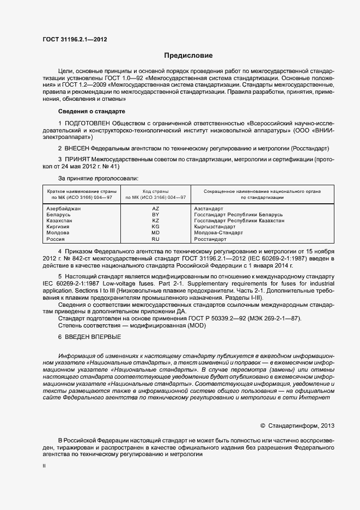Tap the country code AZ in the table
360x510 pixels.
tap(155, 209)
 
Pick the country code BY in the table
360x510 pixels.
tap(155, 215)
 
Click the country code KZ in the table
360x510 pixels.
tap(155, 221)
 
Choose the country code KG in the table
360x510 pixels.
tap(155, 227)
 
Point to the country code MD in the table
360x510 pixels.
tap(155, 233)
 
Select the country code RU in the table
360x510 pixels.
tap(155, 239)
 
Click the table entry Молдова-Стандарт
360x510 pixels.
tap(218, 233)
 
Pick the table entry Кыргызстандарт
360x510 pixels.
tap(216, 227)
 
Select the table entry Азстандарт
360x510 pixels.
tap(209, 209)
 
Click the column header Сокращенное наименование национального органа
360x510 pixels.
tap(261, 191)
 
